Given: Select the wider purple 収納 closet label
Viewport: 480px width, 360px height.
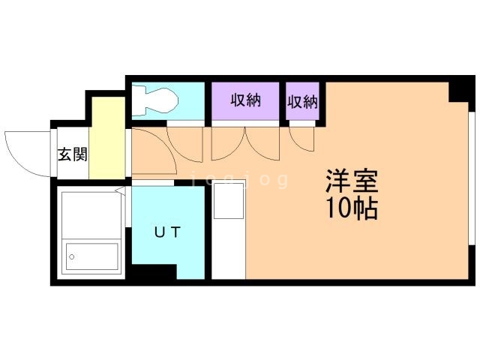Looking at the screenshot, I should pos(245,100).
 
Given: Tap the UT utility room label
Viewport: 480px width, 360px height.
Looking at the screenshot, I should pos(167,232).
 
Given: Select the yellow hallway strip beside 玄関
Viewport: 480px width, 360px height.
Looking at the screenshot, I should pos(107,138).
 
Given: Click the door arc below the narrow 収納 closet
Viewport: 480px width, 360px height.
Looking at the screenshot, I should pos(303,139).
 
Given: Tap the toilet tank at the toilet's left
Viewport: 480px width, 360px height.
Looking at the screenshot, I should pos(139,99).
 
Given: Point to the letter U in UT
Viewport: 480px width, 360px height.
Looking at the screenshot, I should pos(159,232).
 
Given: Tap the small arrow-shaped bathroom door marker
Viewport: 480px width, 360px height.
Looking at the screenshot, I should pos(121,191).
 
